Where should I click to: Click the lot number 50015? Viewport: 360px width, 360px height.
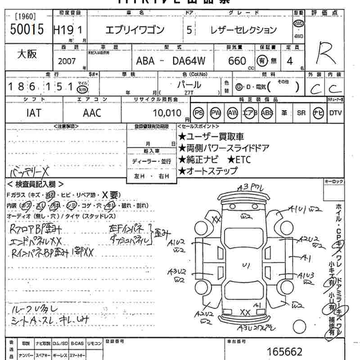27,30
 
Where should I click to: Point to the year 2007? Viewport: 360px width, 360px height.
67,61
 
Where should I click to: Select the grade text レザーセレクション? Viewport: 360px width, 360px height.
243,31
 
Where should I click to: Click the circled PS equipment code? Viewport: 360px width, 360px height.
198,113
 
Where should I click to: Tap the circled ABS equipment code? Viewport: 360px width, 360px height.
267,113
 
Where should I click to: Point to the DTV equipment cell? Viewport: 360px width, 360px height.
336,113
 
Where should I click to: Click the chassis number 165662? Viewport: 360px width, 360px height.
284,352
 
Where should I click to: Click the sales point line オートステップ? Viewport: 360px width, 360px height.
208,171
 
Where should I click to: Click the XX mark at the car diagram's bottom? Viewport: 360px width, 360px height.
245,312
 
